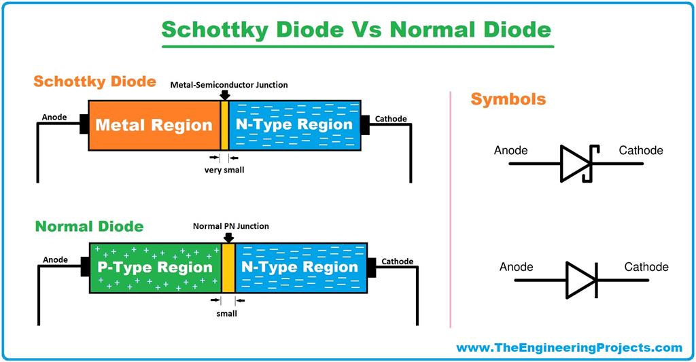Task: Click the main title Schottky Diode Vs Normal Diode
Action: point(357,29)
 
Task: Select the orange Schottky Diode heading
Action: point(95,82)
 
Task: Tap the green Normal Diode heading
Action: point(89,225)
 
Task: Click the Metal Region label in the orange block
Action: point(154,125)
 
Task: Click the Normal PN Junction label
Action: point(230,226)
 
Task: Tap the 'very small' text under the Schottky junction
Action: point(224,170)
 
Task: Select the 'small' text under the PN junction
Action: point(227,313)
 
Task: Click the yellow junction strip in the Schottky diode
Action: point(224,125)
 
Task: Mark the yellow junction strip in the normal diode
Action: point(228,266)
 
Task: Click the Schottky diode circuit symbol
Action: point(576,164)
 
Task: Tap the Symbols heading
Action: point(508,99)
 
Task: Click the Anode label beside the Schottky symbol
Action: point(510,150)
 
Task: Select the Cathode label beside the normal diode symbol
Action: point(646,267)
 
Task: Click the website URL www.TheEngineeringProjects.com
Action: point(568,348)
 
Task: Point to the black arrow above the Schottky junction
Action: point(224,95)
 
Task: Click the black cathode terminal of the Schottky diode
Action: point(364,125)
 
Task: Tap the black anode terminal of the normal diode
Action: point(85,266)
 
